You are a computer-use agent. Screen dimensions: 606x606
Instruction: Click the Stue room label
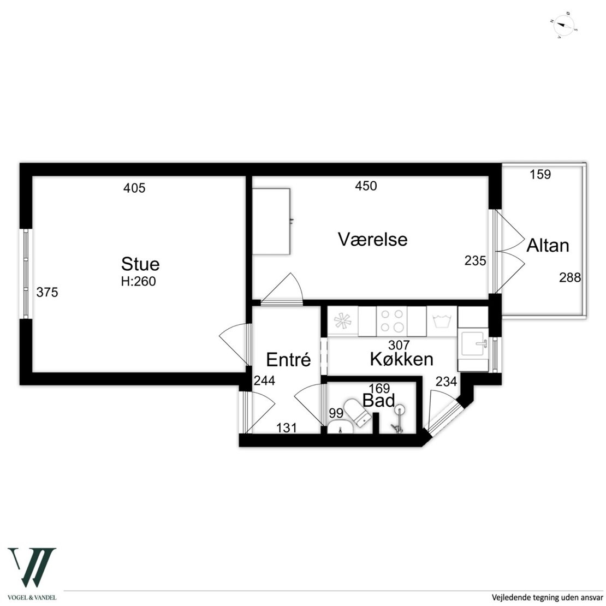tap(140, 264)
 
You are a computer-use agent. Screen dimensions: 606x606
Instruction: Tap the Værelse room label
tap(372, 239)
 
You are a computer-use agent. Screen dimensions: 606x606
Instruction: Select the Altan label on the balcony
tap(548, 246)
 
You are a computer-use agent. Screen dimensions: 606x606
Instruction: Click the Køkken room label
tap(402, 359)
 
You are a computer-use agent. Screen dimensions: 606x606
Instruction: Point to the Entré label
tap(288, 360)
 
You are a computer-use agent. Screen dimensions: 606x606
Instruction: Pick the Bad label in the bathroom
tap(378, 400)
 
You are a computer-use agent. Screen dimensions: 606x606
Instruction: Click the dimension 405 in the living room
tap(134, 188)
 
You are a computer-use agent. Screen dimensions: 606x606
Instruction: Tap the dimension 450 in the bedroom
tap(366, 186)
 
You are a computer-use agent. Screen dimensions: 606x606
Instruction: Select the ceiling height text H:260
tap(138, 281)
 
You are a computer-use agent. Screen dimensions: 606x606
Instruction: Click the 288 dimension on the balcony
tap(570, 277)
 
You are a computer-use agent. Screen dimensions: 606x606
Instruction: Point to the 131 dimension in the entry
tap(287, 428)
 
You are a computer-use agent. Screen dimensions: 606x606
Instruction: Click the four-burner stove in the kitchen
tap(391, 321)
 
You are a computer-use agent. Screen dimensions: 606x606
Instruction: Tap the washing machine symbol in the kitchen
tap(442, 321)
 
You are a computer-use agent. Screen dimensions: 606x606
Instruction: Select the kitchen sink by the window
tap(473, 343)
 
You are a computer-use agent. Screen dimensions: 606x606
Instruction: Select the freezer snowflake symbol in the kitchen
tap(343, 320)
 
